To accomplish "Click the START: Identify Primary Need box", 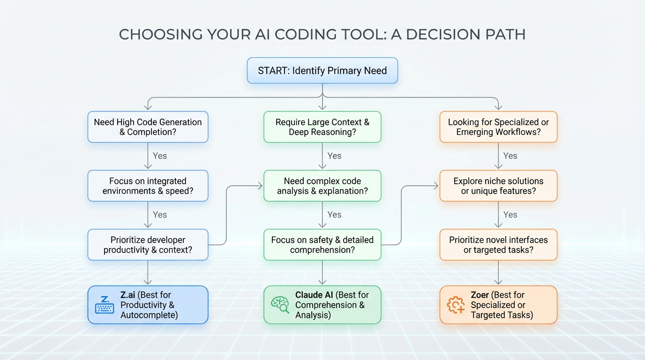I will (x=322, y=71).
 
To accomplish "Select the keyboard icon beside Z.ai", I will (x=105, y=305).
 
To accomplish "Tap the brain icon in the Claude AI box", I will (x=280, y=305).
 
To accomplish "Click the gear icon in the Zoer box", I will (x=456, y=305).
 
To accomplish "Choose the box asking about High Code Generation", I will (x=148, y=127).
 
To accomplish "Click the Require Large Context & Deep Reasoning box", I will (x=322, y=127).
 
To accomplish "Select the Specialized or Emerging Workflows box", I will (x=498, y=127).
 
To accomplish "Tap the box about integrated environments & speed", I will (x=148, y=186).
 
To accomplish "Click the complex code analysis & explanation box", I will (x=322, y=186).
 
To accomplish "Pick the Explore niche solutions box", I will (x=498, y=186).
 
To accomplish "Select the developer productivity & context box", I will (x=148, y=245).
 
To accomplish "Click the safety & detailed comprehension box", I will (x=322, y=245).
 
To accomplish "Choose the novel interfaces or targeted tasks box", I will (x=498, y=245).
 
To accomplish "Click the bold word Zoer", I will (x=481, y=295).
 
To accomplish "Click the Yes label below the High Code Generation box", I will (x=159, y=156).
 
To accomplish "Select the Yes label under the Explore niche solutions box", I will (x=510, y=215).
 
